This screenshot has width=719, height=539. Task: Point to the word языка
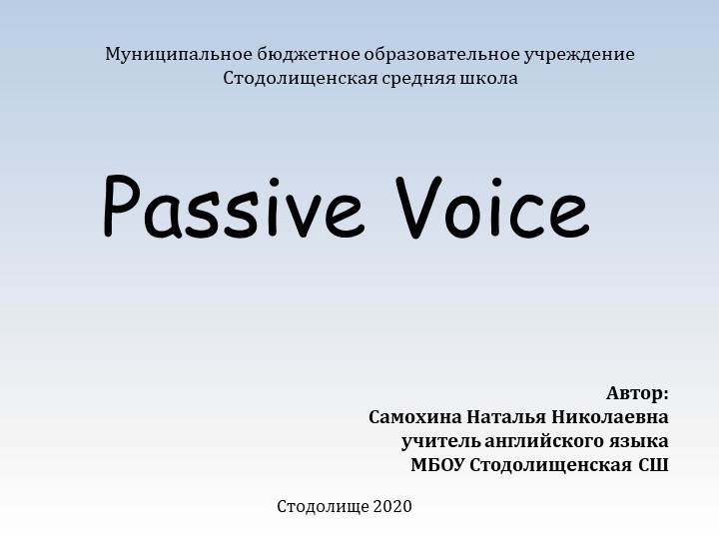pos(640,440)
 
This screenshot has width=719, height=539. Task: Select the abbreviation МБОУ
pos(437,465)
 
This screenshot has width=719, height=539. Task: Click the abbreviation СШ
pos(654,465)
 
